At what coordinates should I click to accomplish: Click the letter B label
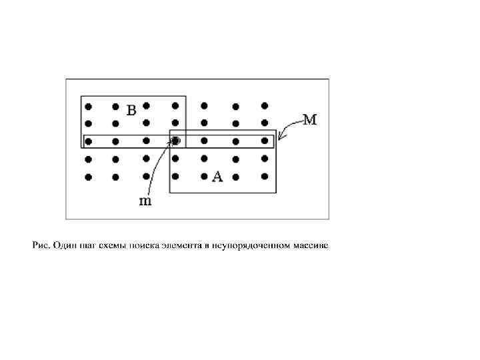pyautogui.click(x=131, y=111)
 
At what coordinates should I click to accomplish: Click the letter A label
pyautogui.click(x=217, y=177)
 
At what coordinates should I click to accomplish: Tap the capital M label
pyautogui.click(x=310, y=121)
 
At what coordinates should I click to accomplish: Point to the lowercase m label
pyautogui.click(x=145, y=201)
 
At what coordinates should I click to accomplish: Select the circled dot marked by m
pyautogui.click(x=176, y=141)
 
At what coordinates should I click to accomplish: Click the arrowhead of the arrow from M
pyautogui.click(x=279, y=137)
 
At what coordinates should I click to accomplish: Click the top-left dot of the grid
pyautogui.click(x=89, y=106)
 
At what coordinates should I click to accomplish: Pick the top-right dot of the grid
pyautogui.click(x=265, y=105)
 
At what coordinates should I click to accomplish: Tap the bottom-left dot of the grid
pyautogui.click(x=89, y=177)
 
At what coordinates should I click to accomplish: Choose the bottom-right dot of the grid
pyautogui.click(x=265, y=177)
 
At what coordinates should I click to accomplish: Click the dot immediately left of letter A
pyautogui.click(x=205, y=177)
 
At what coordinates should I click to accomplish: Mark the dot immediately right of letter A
pyautogui.click(x=235, y=177)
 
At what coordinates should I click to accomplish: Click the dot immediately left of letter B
pyautogui.click(x=116, y=106)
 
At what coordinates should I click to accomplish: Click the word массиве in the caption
pyautogui.click(x=312, y=247)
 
